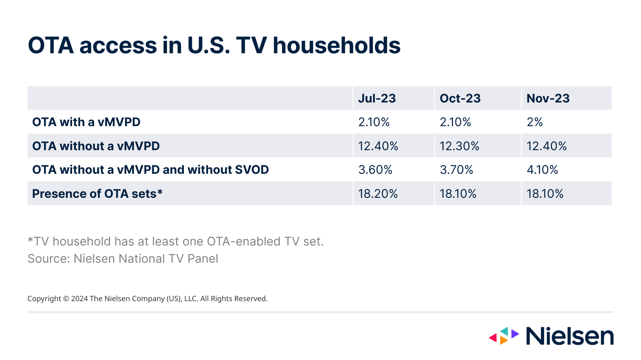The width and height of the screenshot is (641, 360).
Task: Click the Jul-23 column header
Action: [377, 99]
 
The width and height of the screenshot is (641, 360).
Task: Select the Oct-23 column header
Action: [460, 99]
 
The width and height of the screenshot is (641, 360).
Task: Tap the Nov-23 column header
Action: [548, 99]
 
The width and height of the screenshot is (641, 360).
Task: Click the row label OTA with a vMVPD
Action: [86, 122]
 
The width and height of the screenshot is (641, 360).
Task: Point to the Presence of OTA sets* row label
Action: [97, 194]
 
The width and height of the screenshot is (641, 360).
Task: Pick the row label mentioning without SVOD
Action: [150, 170]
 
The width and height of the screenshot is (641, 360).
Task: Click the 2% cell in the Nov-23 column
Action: [534, 122]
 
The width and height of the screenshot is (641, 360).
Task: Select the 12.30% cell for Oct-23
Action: [459, 146]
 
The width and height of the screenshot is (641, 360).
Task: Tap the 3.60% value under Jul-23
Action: [375, 170]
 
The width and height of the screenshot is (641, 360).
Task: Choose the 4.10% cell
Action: [542, 170]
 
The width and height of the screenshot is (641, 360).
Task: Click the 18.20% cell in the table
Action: [378, 194]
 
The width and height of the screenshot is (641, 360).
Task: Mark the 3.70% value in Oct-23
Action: [456, 170]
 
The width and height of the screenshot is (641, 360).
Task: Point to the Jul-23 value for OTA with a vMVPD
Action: [374, 122]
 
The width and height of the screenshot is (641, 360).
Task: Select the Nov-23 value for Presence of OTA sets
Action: [545, 194]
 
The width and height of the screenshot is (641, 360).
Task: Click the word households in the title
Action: [337, 45]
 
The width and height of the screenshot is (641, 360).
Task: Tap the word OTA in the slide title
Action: [51, 45]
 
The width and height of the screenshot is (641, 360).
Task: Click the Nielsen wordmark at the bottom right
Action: [569, 336]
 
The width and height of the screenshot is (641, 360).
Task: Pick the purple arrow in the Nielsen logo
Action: [515, 333]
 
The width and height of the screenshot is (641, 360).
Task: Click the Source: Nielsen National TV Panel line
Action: [123, 259]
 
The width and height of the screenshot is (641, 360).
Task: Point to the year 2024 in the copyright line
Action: [79, 299]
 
